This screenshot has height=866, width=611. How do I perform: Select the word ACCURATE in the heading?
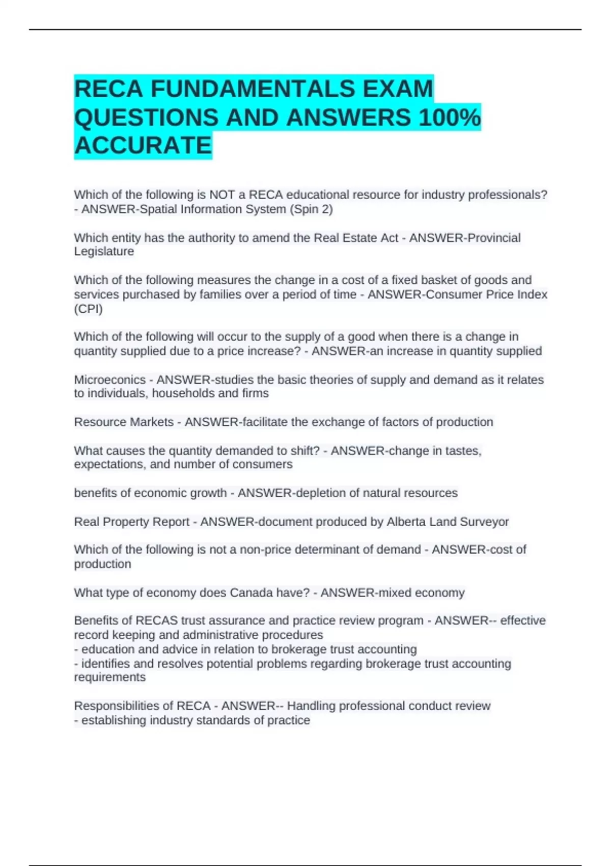(143, 146)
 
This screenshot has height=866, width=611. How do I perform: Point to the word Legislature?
(104, 252)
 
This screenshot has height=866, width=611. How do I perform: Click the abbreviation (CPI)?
(88, 309)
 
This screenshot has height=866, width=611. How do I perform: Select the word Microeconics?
(109, 380)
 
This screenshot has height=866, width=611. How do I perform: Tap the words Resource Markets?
(124, 422)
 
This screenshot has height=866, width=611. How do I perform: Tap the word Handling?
(310, 706)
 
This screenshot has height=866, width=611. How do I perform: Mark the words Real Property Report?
(131, 522)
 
